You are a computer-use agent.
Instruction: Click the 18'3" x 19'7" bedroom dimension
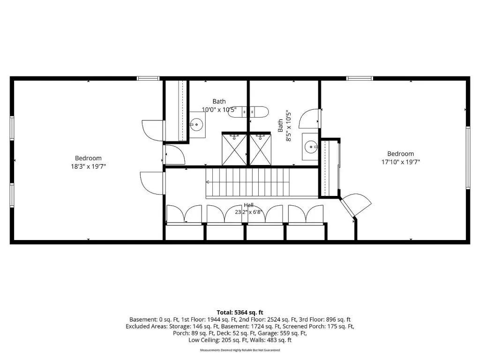pos(89,166)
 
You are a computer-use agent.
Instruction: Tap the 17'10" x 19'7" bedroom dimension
pos(400,162)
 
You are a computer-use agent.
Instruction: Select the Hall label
pos(248,205)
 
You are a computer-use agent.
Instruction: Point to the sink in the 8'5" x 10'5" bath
pos(310,147)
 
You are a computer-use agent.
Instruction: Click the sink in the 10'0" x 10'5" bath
pos(197,125)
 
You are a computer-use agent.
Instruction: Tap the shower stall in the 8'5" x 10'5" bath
pos(260,149)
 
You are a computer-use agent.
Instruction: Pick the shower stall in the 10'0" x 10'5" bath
pos(234,149)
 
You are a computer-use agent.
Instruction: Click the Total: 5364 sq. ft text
pos(240,313)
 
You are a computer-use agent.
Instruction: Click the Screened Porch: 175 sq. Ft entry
pos(318,326)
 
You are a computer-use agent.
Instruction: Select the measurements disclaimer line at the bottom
pos(240,350)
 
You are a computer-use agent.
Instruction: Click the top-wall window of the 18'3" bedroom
pos(148,78)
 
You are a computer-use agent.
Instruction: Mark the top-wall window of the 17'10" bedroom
pos(360,78)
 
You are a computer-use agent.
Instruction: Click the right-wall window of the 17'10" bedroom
pos(468,157)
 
